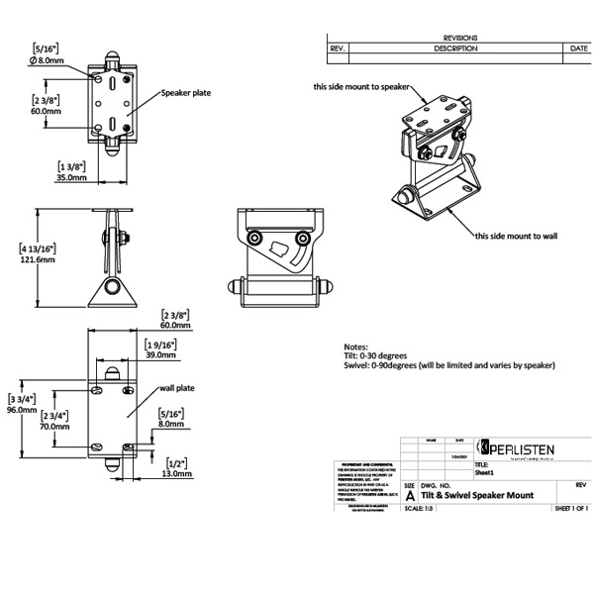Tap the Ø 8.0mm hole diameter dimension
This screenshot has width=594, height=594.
pyautogui.click(x=48, y=59)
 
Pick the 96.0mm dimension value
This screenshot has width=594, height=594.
pyautogui.click(x=21, y=409)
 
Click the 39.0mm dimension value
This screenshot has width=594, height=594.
pyautogui.click(x=160, y=353)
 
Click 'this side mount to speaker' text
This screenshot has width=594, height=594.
pyautogui.click(x=361, y=87)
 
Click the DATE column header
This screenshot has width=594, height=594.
pyautogui.click(x=579, y=48)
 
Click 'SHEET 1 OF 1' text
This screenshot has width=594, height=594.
pyautogui.click(x=571, y=509)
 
